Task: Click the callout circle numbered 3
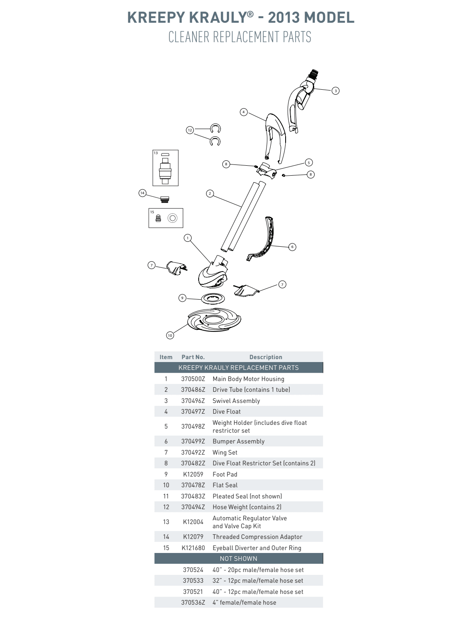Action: coord(336,91)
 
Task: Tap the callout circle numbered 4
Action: coord(243,112)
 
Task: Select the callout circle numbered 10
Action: coord(170,335)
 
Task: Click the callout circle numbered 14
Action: coord(142,193)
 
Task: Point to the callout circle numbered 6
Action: coord(292,247)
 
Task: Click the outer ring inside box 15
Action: coord(172,218)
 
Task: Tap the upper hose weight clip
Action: coord(215,129)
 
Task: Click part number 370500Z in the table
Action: coord(193,379)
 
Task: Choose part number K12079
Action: coord(193,537)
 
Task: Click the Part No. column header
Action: coord(193,357)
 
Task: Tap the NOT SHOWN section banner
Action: coord(238,559)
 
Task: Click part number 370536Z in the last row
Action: coord(193,603)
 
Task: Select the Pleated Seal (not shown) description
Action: coord(247,496)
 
